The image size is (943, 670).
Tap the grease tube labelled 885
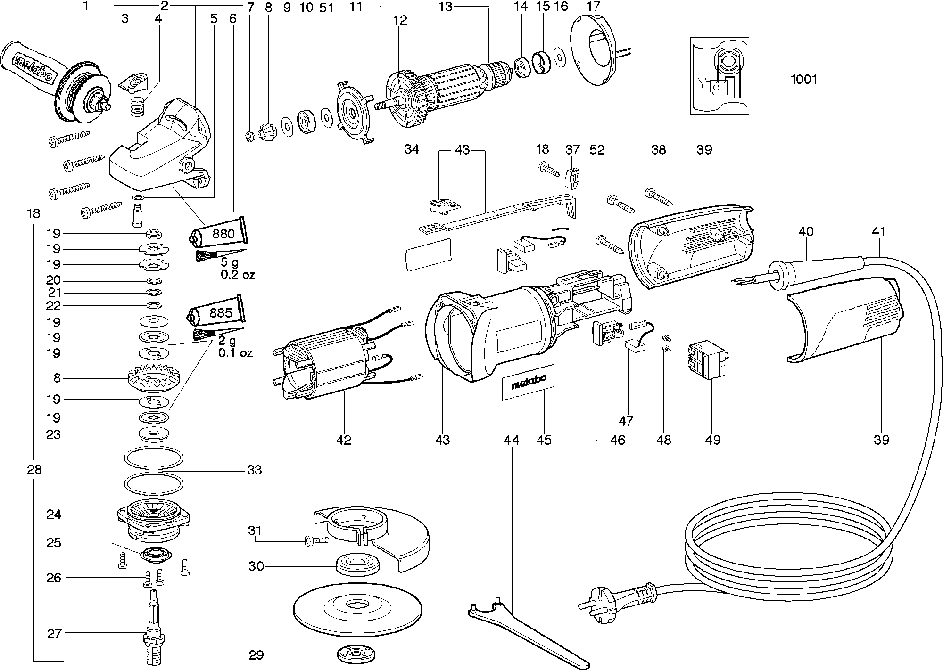click(x=217, y=312)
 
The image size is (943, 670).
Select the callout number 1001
click(x=803, y=79)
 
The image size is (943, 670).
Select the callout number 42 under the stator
click(x=344, y=440)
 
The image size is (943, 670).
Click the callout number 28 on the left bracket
click(x=34, y=470)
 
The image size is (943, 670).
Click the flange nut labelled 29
click(x=352, y=655)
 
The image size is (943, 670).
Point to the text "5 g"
click(x=232, y=262)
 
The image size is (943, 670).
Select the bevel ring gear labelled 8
click(x=154, y=378)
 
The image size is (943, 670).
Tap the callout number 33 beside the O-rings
click(x=254, y=470)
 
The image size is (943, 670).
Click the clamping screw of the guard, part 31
click(x=316, y=539)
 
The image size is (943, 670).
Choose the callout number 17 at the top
click(x=593, y=7)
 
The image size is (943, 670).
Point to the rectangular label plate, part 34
click(x=428, y=254)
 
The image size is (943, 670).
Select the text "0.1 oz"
click(x=235, y=352)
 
